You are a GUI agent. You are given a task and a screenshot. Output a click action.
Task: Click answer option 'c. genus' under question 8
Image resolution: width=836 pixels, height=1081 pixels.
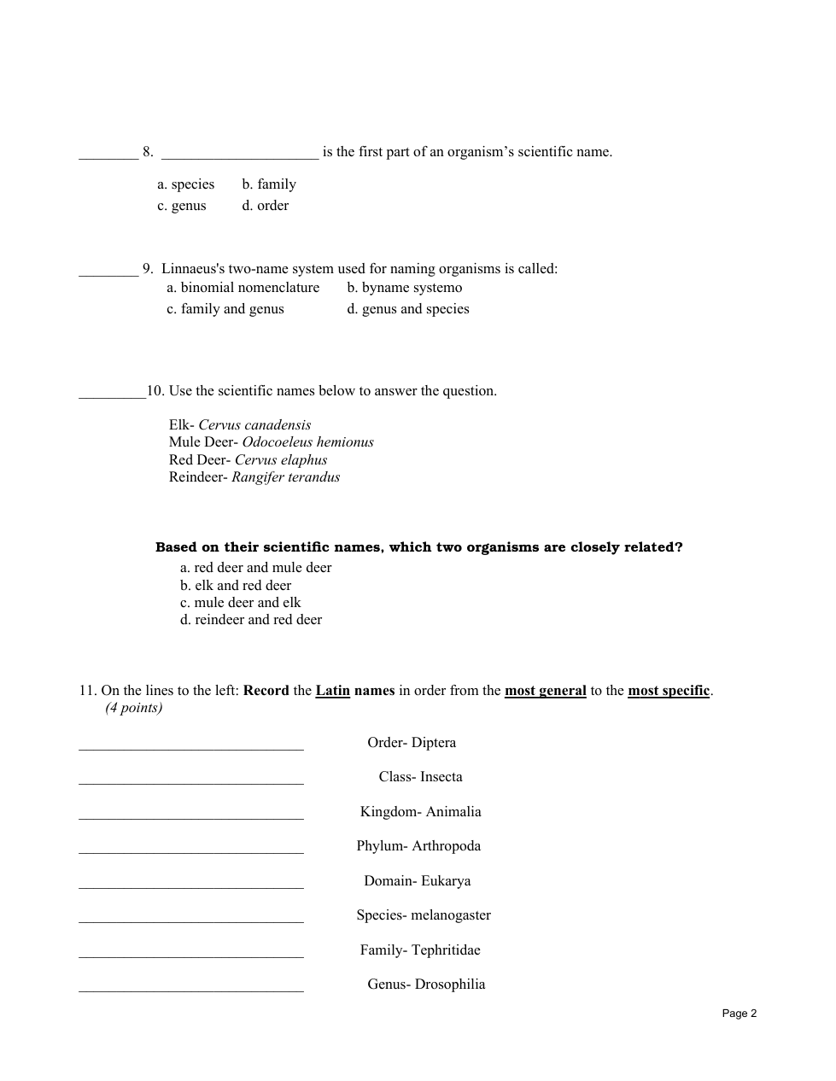(x=181, y=206)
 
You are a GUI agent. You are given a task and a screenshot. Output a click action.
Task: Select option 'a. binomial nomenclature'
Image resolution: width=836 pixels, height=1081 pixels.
(x=243, y=288)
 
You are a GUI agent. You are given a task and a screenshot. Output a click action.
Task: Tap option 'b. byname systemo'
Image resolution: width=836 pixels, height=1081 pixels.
(x=404, y=288)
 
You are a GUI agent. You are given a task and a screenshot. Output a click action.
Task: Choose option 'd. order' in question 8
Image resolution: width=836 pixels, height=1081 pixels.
(x=265, y=206)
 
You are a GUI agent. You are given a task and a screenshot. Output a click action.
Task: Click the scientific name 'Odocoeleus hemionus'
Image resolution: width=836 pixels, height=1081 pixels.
(x=307, y=442)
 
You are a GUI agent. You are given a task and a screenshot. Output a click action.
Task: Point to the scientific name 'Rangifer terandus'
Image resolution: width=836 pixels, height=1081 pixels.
(x=285, y=477)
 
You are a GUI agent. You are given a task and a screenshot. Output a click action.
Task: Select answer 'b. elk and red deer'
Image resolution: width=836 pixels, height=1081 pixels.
(x=236, y=586)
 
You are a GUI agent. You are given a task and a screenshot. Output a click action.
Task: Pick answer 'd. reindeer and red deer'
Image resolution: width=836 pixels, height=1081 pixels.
(x=251, y=620)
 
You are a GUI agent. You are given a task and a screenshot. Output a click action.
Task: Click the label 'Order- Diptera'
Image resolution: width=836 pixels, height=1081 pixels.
(x=412, y=743)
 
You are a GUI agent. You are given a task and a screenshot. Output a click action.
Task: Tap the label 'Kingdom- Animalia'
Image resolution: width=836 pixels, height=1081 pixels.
(x=420, y=812)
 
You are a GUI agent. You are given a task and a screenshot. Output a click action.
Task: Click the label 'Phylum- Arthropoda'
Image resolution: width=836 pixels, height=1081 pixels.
(x=418, y=846)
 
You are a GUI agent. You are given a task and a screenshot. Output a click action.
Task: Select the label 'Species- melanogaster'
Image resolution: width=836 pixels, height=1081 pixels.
(x=424, y=915)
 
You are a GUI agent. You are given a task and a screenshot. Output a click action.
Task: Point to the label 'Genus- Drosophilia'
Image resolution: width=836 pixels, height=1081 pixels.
(x=426, y=985)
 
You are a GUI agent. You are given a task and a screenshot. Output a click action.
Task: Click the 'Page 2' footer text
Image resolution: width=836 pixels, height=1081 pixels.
(x=739, y=1014)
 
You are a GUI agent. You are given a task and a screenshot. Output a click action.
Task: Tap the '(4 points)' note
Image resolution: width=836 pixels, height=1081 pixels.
(x=134, y=708)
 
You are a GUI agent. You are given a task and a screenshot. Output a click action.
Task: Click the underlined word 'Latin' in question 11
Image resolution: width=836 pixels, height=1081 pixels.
(x=333, y=691)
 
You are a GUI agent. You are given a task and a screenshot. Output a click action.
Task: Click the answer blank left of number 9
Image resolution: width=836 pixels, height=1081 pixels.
(x=108, y=272)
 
